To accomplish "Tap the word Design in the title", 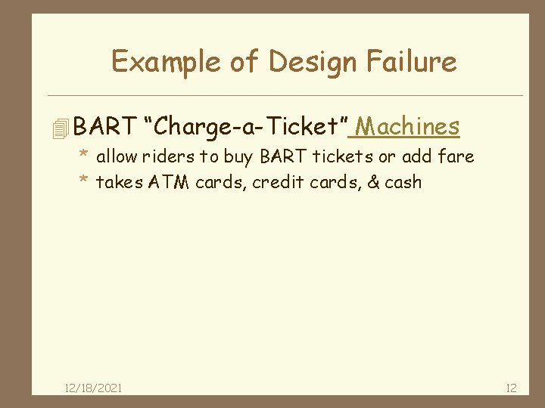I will tap(309, 61).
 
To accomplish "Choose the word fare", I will tap(457, 157).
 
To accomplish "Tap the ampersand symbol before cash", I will tap(373, 182).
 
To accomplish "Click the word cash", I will tap(403, 182).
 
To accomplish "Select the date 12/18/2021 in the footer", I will tap(94, 388).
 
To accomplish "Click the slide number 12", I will tap(511, 388).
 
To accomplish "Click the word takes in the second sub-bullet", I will tap(118, 182).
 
